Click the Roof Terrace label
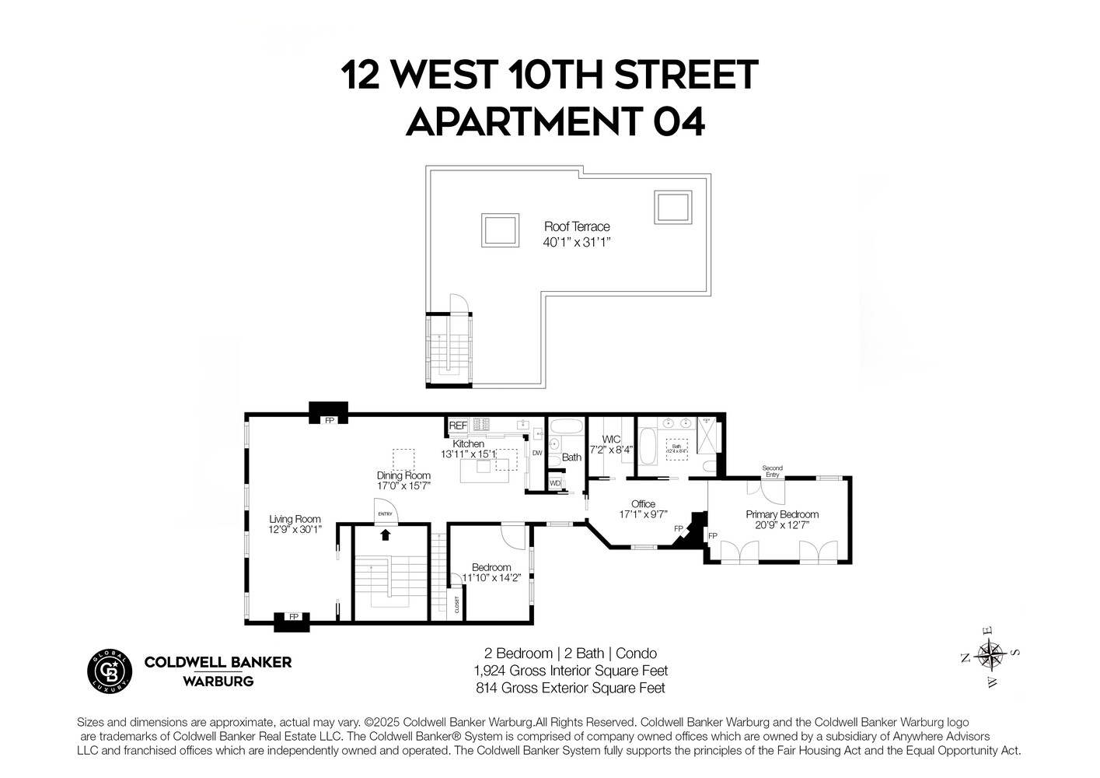[x=576, y=226]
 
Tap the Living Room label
[x=295, y=519]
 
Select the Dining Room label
[x=403, y=475]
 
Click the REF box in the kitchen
[x=458, y=426]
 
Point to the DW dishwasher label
[x=536, y=453]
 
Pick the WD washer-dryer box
[x=555, y=483]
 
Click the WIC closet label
[x=611, y=440]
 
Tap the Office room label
[x=643, y=504]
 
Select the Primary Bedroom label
[x=782, y=514]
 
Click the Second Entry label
[x=772, y=471]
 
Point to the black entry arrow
[x=385, y=534]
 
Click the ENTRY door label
[x=385, y=513]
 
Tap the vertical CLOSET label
[x=456, y=605]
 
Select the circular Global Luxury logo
[x=110, y=670]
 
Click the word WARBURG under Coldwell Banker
[x=218, y=682]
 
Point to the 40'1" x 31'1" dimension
[x=577, y=242]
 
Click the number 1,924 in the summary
[x=489, y=671]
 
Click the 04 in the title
[x=678, y=122]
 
